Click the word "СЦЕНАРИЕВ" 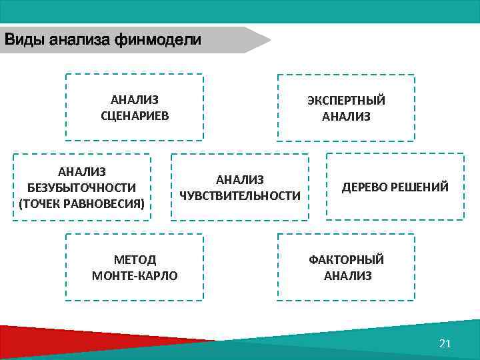[x=135, y=116]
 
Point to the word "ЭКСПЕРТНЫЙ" [x=346, y=101]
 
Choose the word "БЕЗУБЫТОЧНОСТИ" [x=82, y=187]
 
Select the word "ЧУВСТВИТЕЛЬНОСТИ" [x=240, y=196]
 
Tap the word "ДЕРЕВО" [x=366, y=187]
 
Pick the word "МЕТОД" [x=135, y=260]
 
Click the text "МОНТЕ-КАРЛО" [x=135, y=275]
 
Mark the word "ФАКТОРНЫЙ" [x=346, y=260]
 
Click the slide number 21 [x=446, y=343]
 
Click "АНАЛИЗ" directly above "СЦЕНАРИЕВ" [x=135, y=100]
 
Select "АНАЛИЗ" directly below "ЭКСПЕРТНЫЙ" [x=346, y=117]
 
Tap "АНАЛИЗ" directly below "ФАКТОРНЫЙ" [x=347, y=276]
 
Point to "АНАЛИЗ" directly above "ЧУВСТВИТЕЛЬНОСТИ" [x=240, y=180]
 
